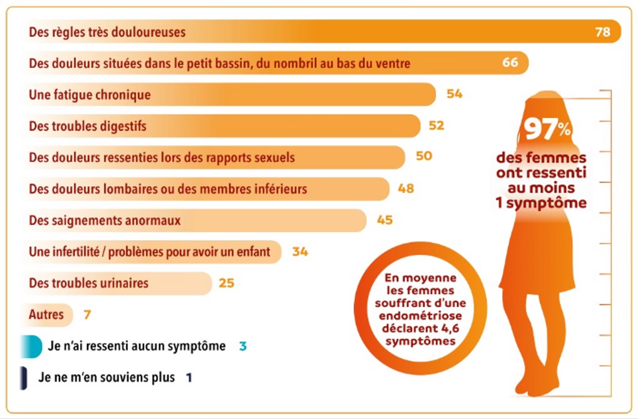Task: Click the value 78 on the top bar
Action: (603, 32)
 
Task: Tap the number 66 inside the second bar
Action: (510, 62)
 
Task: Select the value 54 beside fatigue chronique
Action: (454, 94)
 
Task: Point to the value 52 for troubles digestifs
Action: (436, 125)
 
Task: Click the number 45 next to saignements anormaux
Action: (385, 220)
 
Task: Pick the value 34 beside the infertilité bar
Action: (300, 252)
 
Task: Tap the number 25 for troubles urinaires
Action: (226, 283)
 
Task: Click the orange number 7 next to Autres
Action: (87, 315)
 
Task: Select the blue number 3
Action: (243, 346)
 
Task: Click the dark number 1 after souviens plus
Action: (189, 377)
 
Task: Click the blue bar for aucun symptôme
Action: (32, 346)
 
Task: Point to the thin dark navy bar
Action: (24, 378)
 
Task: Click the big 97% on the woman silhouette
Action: (547, 129)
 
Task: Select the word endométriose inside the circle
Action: (420, 316)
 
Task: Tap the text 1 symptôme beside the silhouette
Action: (541, 203)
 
